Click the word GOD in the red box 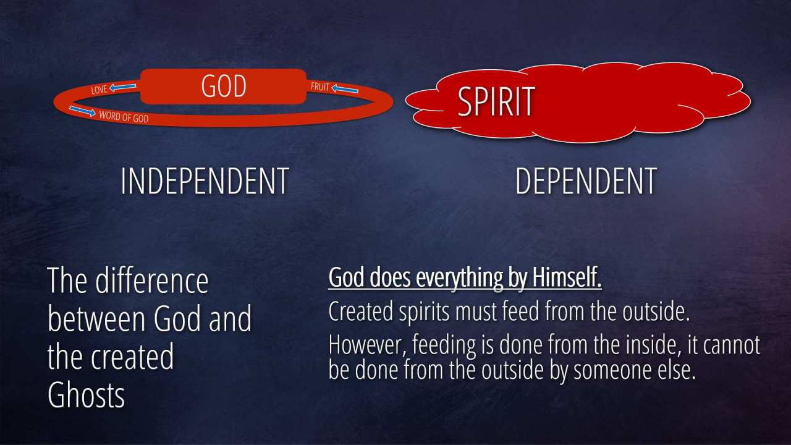[224, 86]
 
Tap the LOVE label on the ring [99, 90]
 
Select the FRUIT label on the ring [320, 87]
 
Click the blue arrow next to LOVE [122, 87]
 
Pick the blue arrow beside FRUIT [345, 89]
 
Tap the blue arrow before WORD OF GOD [82, 111]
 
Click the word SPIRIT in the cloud [496, 101]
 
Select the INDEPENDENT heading [205, 181]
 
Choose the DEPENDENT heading [586, 181]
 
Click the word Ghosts [86, 395]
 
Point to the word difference [152, 281]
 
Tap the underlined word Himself [567, 278]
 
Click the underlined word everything [459, 279]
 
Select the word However [367, 345]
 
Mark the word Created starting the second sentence [360, 311]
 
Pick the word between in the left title [98, 319]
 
